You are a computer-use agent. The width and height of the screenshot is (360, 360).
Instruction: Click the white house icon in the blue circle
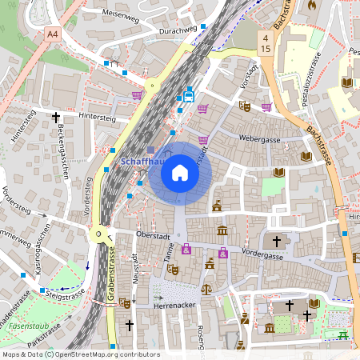[x=179, y=172]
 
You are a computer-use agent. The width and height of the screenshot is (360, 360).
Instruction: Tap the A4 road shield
[x=53, y=34]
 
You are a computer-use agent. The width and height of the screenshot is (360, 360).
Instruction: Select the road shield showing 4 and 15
[x=264, y=43]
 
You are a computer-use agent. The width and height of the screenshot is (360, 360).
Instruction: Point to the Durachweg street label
[x=178, y=30]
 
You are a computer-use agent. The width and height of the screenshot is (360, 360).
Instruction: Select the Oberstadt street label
[x=154, y=235]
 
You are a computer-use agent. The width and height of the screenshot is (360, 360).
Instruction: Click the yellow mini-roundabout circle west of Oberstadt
[x=99, y=234]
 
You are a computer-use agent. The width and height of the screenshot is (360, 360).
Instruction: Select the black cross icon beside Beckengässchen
[x=56, y=117]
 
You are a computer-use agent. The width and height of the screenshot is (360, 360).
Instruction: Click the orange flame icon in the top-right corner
[x=312, y=4]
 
